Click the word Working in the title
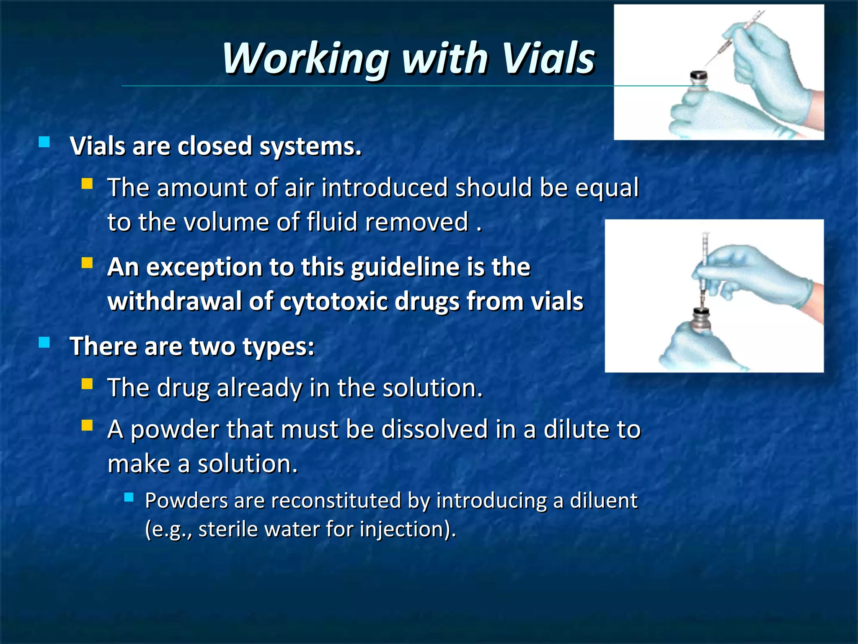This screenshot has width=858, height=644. (x=306, y=59)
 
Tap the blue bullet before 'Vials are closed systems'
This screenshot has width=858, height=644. (x=44, y=142)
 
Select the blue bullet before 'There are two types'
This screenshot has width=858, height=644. (x=44, y=343)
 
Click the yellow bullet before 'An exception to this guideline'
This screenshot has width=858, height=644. (x=87, y=263)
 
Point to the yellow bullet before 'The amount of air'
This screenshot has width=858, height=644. (x=87, y=184)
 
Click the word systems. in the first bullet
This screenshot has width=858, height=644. (x=310, y=147)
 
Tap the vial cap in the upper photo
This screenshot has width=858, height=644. (x=698, y=78)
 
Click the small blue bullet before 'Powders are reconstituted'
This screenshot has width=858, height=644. (x=129, y=497)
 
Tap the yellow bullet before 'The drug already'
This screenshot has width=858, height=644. (x=87, y=384)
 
